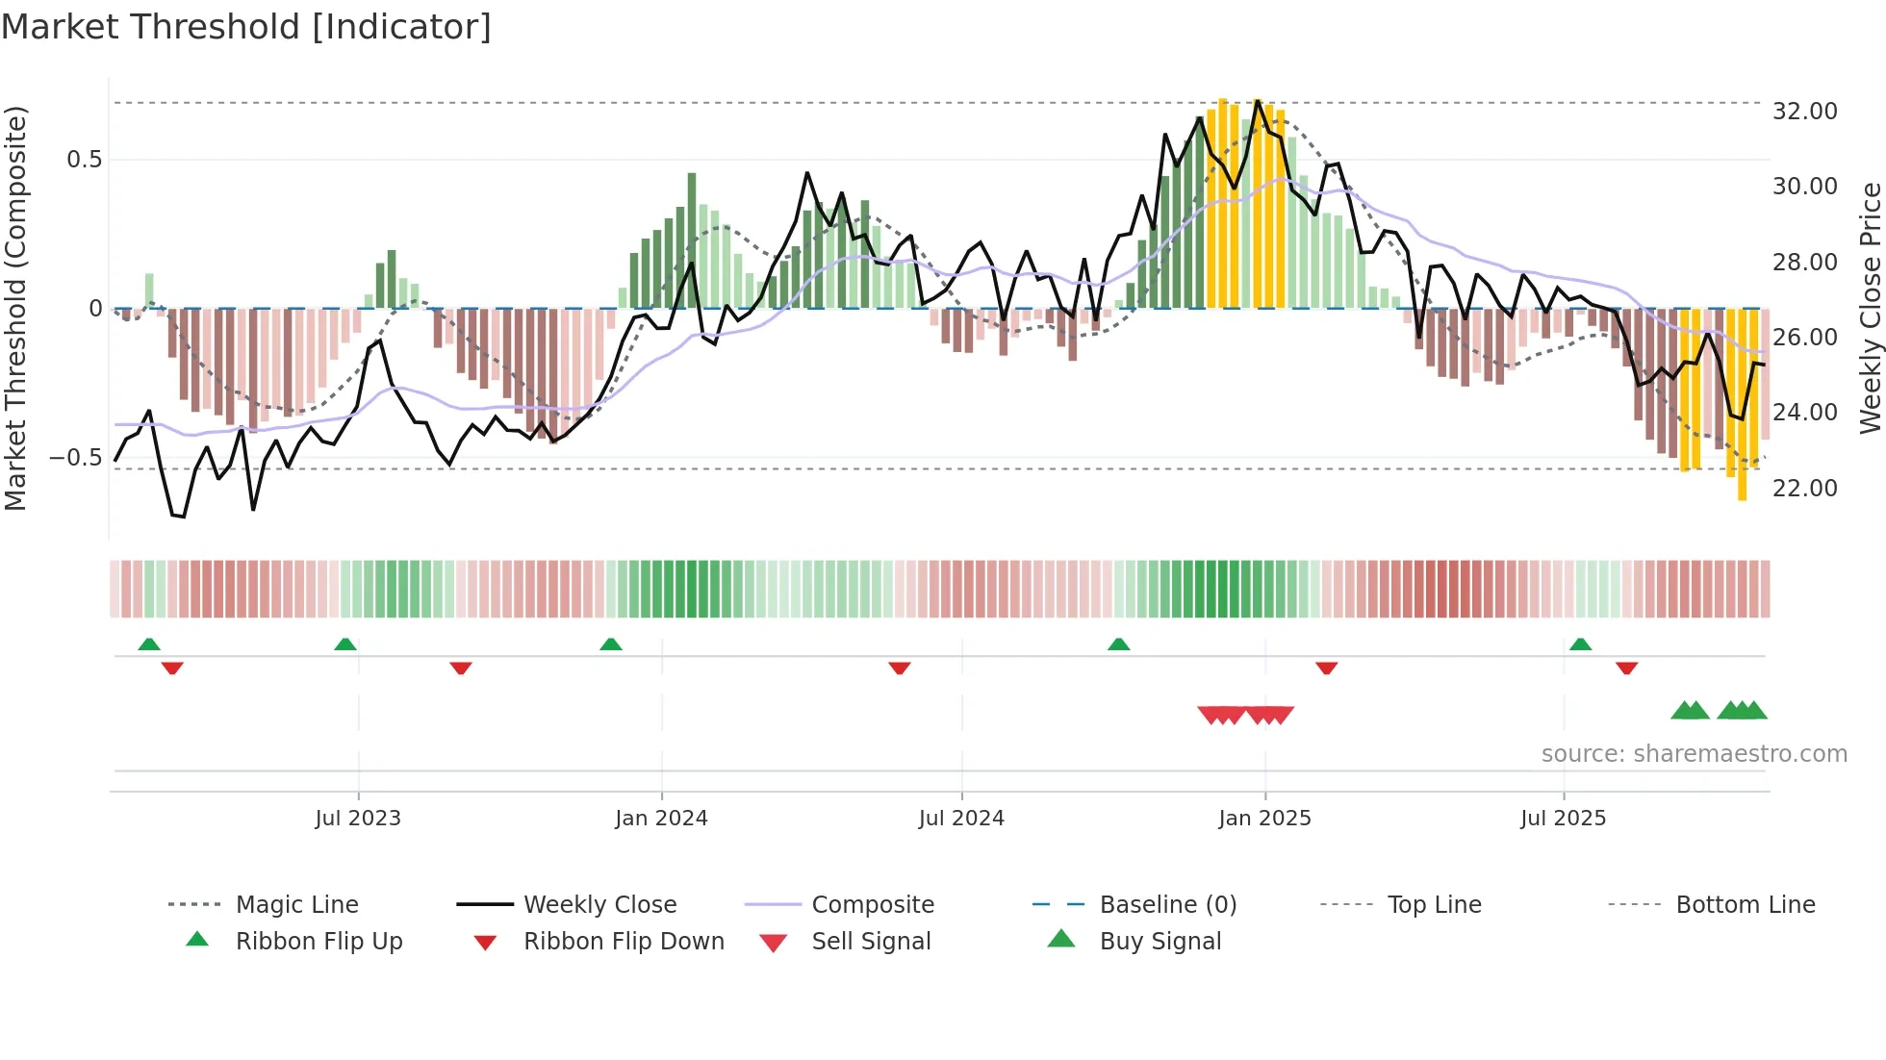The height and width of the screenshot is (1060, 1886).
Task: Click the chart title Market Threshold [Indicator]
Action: (246, 27)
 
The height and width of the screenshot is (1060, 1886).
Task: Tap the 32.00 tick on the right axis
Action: (1804, 112)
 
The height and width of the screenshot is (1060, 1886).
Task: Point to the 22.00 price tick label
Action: (1804, 489)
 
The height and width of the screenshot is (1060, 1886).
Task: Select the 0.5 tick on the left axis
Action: (85, 160)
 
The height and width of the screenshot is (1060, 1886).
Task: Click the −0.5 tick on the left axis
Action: (76, 458)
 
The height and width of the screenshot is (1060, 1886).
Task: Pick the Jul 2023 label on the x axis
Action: (358, 819)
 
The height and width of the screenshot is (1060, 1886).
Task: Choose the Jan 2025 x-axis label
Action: (1264, 819)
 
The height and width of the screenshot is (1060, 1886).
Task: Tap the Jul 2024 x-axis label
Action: (961, 819)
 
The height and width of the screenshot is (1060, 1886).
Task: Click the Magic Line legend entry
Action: (296, 905)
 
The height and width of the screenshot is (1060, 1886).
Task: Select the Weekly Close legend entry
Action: (599, 905)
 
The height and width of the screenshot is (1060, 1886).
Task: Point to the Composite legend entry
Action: (873, 905)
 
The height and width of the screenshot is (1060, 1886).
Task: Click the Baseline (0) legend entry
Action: (1167, 905)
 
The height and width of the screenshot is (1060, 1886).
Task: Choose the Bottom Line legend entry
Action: (1745, 905)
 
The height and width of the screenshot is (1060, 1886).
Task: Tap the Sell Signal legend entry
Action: (871, 942)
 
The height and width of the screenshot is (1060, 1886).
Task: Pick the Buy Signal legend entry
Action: (1160, 942)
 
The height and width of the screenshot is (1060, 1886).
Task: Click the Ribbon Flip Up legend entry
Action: (319, 942)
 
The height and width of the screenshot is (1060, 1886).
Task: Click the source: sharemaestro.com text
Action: (1694, 754)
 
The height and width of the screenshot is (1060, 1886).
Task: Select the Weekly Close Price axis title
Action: (1870, 308)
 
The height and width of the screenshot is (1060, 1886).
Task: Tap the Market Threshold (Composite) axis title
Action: (15, 308)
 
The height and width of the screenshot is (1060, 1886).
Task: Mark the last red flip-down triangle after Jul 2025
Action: (1627, 668)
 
